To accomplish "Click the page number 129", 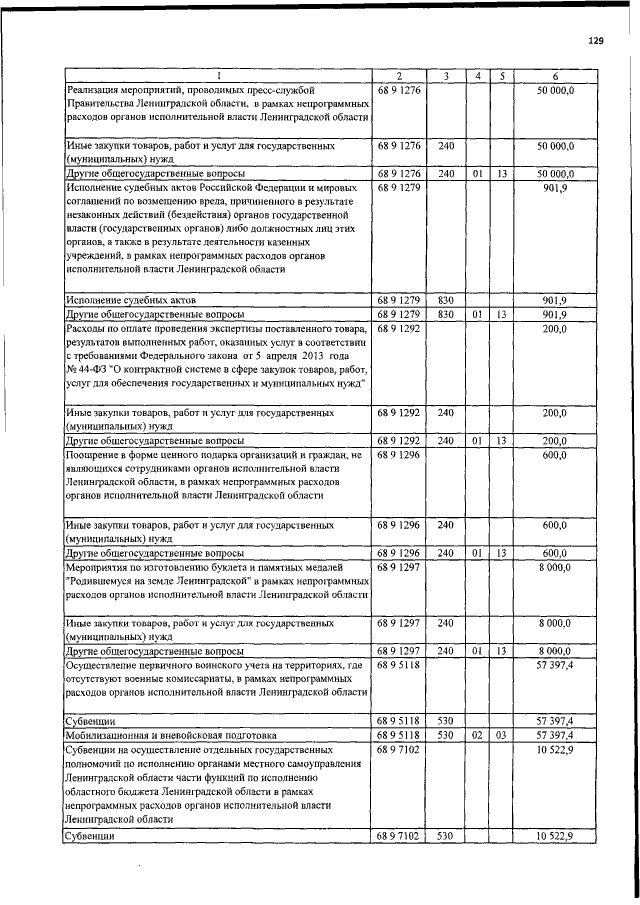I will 597,40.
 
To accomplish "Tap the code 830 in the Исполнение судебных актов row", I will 446,300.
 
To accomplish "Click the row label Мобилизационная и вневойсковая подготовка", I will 159,734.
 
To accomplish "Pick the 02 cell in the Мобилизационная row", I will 479,734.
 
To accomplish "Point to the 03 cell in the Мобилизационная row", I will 503,734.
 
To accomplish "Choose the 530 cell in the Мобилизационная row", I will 446,734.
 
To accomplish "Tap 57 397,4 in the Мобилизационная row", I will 556,734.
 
